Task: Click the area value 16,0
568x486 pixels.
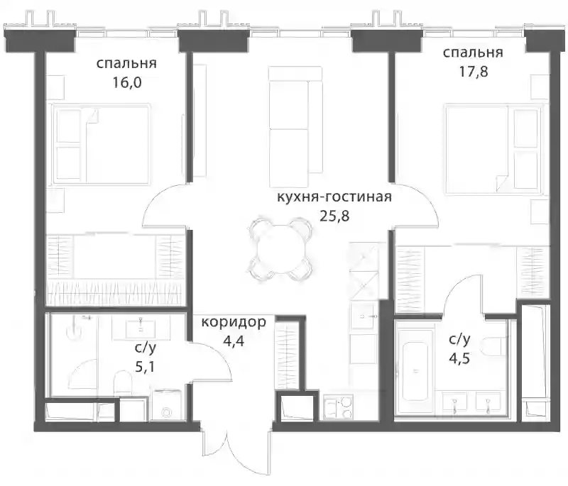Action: point(126,83)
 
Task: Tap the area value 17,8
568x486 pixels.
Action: point(474,72)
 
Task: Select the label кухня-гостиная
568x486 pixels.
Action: point(334,197)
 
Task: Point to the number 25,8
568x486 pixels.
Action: point(334,216)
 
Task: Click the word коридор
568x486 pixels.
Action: point(234,321)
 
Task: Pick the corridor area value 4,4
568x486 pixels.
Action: point(234,341)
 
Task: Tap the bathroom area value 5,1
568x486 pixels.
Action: point(145,368)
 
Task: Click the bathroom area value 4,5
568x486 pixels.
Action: point(459,358)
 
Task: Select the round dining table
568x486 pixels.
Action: point(279,249)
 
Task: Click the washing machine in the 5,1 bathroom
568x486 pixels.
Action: point(166,405)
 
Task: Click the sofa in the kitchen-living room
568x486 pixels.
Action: point(295,120)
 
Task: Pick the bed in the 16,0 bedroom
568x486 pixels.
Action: point(101,145)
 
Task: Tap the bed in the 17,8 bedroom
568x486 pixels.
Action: point(494,150)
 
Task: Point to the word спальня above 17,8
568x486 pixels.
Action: point(473,53)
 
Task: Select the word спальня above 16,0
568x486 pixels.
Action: point(126,64)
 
